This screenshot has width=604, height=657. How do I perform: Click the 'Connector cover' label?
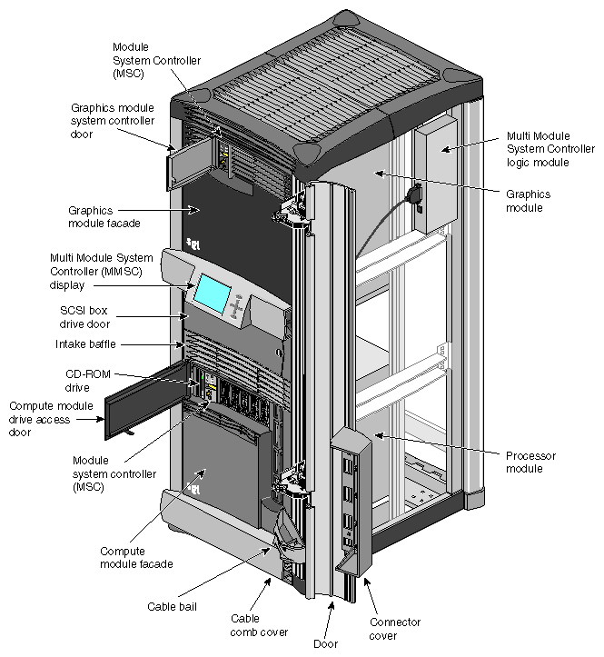coord(394,629)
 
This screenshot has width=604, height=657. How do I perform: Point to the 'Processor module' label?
coord(531,461)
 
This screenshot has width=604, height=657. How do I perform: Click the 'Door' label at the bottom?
coord(326,643)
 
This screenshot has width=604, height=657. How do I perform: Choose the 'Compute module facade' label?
coord(136,557)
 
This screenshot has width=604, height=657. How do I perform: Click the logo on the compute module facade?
coord(193,487)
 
